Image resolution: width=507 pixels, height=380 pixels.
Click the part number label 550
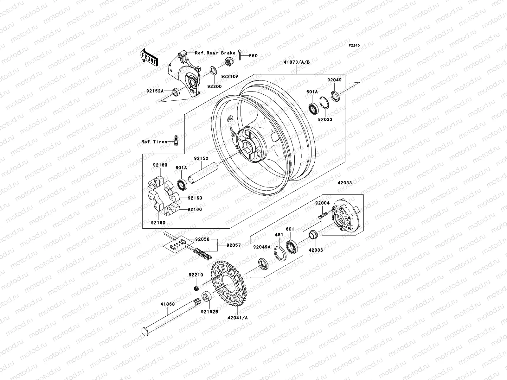point(253,56)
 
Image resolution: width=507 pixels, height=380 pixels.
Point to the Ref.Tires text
point(154,142)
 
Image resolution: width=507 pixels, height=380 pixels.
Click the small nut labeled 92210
point(196,288)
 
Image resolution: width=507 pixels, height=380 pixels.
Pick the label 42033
point(344,183)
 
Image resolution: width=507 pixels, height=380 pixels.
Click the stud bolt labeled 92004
point(322,217)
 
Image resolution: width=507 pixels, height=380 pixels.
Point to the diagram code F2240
point(355,46)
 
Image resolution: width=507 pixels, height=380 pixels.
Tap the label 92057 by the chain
point(234,245)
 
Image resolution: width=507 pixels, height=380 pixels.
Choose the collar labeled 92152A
point(175,92)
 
